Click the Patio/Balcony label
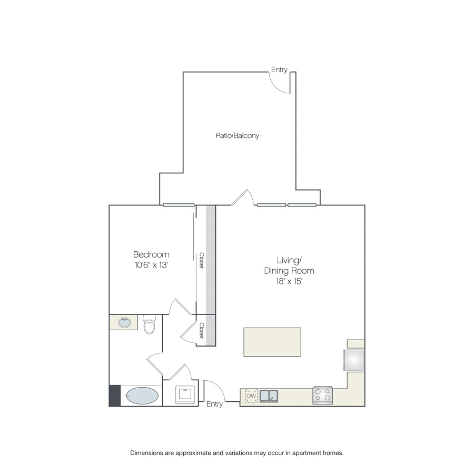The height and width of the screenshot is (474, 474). coord(238,135)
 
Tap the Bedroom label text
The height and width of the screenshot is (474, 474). coord(151,254)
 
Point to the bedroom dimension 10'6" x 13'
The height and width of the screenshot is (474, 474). coord(151,265)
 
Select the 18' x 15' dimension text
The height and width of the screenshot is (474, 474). coord(289,281)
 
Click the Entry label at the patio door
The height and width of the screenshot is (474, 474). coord(279,70)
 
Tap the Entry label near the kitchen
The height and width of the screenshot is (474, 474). coord(214,404)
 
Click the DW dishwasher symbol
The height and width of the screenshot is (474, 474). coord(251,396)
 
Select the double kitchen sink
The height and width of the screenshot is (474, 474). coord(269,396)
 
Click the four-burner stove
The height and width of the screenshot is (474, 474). coord(322,395)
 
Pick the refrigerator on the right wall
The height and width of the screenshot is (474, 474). coord(353,360)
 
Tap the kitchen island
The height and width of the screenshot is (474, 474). coord(272,342)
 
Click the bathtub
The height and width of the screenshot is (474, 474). coord(142,396)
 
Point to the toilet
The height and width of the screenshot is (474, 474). coord(149,324)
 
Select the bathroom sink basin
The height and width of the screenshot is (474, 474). coord(124,323)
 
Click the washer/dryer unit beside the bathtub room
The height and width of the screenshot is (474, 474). coord(185,394)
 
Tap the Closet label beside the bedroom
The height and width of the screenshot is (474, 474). coord(202,260)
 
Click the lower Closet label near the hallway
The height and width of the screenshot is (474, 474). coord(202,330)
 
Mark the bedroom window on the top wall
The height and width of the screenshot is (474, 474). coord(179,205)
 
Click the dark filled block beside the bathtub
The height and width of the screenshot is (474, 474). coord(115,396)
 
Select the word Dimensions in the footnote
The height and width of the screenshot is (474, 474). coord(146,453)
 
